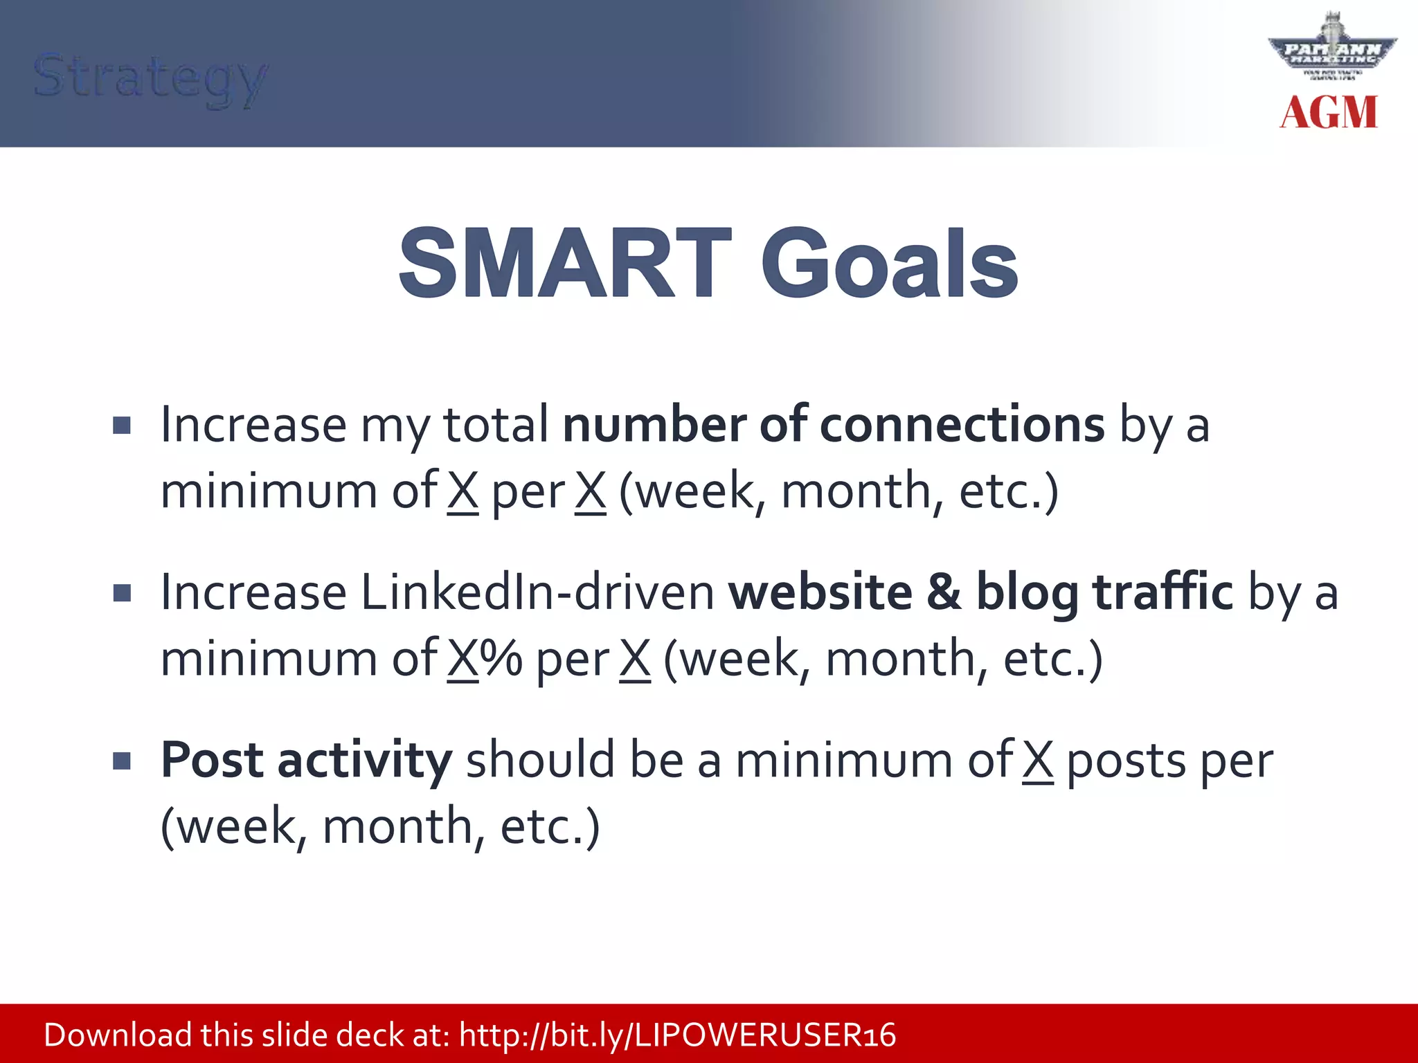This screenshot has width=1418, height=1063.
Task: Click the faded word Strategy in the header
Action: coord(150,78)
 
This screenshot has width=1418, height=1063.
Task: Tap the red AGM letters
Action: coord(1328,113)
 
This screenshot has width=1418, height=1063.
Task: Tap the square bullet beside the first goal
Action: coord(122,425)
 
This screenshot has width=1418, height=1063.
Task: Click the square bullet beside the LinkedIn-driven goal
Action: coord(122,593)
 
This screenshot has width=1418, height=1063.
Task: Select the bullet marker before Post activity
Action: coord(122,761)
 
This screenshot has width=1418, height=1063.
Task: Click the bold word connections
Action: coord(962,424)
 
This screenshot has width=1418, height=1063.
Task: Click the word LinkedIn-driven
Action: coord(537,593)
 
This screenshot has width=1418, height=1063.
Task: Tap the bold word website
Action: coord(820,593)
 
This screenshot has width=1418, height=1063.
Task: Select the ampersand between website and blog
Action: coord(944,593)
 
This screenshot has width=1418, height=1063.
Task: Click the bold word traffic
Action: coord(1163,593)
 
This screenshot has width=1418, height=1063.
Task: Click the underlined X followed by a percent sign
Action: coord(463,659)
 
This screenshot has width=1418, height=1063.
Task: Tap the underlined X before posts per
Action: coord(1038,760)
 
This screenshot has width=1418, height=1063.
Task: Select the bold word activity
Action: coord(365,760)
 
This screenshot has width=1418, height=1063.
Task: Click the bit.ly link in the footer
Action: coord(677,1035)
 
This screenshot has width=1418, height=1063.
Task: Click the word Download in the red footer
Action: coord(118,1035)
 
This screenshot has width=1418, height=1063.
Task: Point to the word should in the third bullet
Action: coord(540,760)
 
